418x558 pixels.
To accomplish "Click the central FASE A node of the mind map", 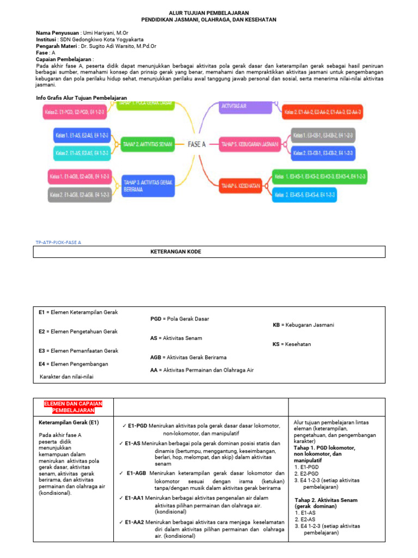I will coord(196,144).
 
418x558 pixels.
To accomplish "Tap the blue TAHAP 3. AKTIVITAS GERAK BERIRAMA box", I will coord(147,186).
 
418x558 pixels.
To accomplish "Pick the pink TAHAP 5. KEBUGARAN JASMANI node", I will coord(250,144).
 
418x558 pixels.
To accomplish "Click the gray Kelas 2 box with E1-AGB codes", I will coord(79,195).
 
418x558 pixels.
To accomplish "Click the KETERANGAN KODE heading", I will coord(176,252).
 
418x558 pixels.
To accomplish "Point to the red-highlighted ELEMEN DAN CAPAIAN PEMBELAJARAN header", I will coord(69,407).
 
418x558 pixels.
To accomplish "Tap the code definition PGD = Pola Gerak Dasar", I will coord(179,319).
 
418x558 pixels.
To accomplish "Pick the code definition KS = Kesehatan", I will coord(292,344).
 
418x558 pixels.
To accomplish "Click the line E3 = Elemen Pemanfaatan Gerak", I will coord(78,351).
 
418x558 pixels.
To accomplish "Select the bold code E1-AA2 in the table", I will coord(134,522).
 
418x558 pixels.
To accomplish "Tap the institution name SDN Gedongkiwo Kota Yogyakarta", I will coord(106,40).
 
